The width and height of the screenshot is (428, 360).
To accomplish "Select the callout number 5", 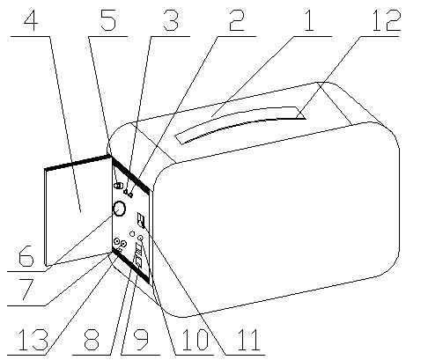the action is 108,20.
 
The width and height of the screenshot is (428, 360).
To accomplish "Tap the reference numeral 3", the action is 171,20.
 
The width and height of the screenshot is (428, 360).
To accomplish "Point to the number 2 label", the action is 236,20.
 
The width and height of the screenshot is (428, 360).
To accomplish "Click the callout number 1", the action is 309,20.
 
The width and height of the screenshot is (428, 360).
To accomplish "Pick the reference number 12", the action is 386,20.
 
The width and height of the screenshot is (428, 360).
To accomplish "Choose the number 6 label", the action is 26,256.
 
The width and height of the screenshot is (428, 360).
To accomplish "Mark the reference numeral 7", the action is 26,290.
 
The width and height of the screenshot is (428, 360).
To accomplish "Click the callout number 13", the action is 33,340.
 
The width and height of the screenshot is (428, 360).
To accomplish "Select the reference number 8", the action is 92,340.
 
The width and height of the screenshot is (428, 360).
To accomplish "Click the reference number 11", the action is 249,340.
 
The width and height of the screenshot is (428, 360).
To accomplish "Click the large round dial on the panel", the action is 119,209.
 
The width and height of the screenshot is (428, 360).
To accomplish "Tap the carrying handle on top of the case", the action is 240,124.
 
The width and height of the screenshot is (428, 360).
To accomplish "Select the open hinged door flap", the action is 77,210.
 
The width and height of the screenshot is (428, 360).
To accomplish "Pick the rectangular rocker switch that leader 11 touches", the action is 141,221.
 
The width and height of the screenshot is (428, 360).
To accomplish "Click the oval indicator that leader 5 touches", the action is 118,186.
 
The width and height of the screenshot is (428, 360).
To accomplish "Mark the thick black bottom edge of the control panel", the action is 131,268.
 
